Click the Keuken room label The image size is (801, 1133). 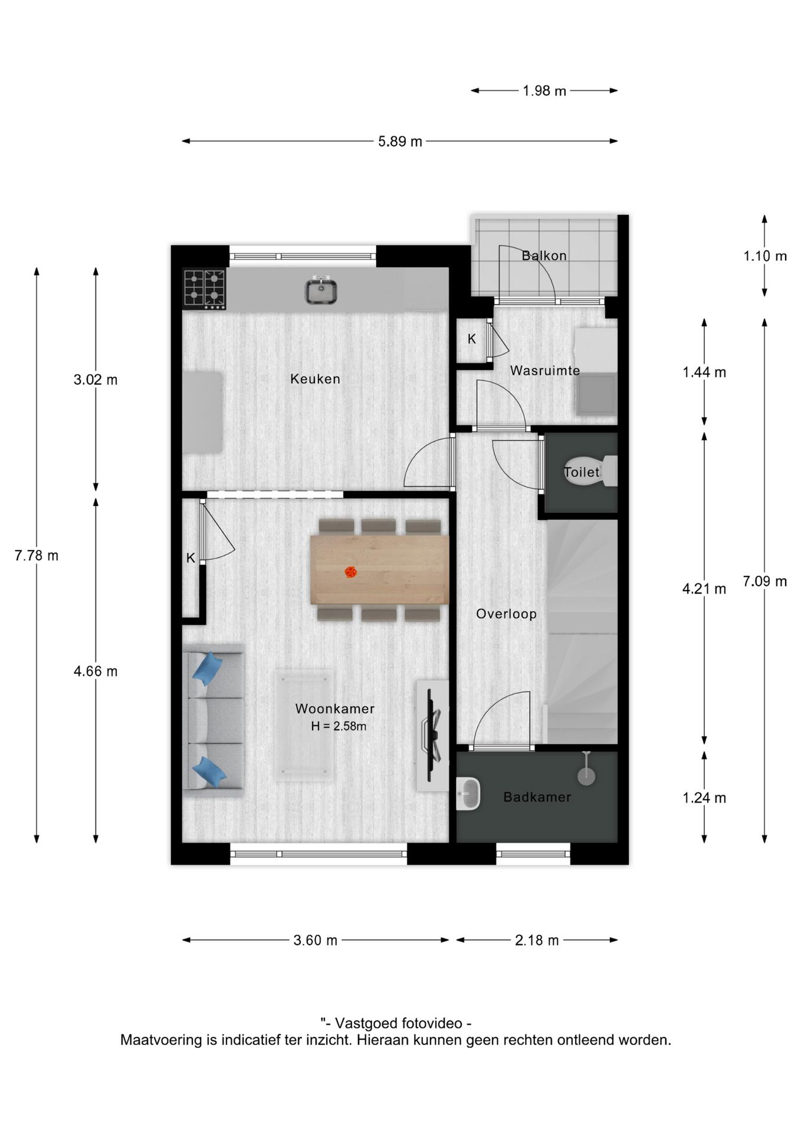315,379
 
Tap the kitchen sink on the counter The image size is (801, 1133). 321,291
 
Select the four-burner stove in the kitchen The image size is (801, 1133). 204,289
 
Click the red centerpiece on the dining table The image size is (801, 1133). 350,571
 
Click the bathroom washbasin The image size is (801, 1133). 469,794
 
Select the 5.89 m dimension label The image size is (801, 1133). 400,142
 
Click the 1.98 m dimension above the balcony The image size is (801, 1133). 544,91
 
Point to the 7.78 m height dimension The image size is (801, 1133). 37,555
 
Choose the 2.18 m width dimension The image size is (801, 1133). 536,940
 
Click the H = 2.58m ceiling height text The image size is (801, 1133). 338,726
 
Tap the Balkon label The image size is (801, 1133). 544,256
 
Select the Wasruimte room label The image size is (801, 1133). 544,371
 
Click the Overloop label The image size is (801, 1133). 506,614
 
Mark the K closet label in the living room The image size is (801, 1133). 191,558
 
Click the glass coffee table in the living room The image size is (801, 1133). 304,725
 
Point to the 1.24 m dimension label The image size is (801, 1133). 704,798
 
